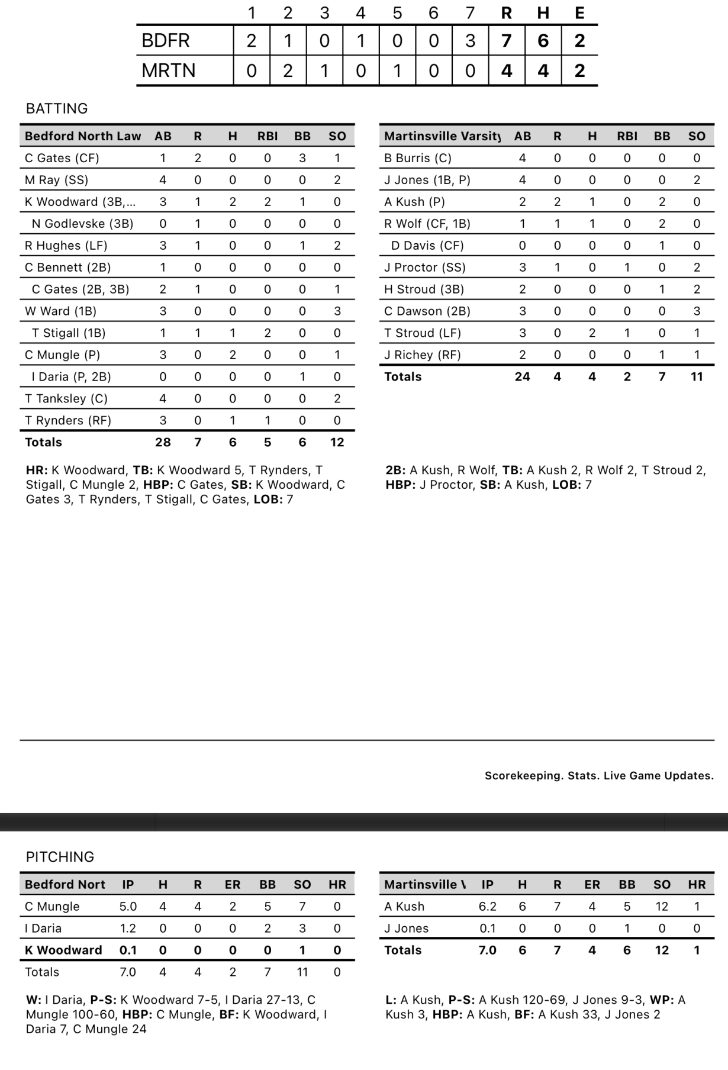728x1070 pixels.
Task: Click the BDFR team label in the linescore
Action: [166, 41]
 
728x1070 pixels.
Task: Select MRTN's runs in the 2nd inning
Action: [288, 71]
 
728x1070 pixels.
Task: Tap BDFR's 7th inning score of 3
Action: [470, 41]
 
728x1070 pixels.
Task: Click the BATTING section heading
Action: [57, 108]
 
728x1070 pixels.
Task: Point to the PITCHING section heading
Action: [60, 857]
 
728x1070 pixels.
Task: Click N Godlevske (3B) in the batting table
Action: [82, 224]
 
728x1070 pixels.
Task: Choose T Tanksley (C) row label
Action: [66, 398]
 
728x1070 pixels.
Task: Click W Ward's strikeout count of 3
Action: [337, 311]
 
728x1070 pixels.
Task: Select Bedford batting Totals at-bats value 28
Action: [163, 442]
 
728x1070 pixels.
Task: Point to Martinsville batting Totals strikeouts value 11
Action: [697, 376]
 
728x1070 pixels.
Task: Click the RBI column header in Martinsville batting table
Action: [627, 136]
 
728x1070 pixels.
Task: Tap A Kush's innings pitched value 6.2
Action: [487, 906]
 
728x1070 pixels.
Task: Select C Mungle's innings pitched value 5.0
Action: [128, 906]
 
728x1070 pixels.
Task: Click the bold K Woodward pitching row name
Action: [63, 950]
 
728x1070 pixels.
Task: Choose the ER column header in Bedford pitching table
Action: [233, 884]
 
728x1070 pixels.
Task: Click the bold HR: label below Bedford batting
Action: [37, 470]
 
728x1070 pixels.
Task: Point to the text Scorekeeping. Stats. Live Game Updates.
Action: [599, 776]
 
